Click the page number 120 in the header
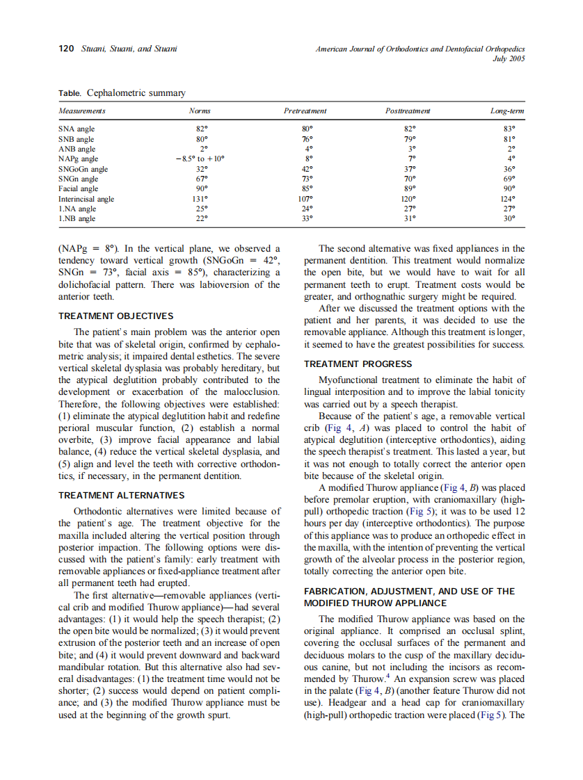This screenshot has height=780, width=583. point(66,49)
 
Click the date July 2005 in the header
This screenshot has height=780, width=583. point(508,58)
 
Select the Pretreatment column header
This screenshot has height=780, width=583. point(305,111)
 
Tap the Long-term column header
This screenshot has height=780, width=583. point(507,111)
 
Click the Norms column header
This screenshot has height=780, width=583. point(200,111)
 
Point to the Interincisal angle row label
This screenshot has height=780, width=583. point(86,199)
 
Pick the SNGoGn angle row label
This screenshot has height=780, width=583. point(83,169)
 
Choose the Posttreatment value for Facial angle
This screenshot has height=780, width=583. point(412,188)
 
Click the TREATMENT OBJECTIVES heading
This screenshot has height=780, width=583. point(115,316)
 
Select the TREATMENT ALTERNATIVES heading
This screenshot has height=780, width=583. point(121,496)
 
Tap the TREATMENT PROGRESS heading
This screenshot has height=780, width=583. point(358,364)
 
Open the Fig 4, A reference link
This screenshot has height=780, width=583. point(345,428)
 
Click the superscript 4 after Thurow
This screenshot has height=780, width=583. point(387,675)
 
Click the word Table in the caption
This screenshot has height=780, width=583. point(70,93)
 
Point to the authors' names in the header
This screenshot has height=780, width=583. point(129,49)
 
